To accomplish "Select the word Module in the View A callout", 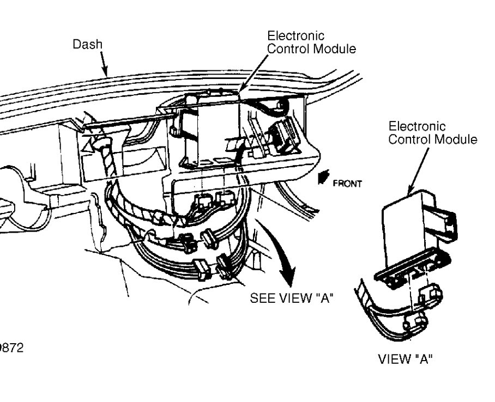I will (457, 139).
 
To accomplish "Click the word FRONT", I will (348, 184).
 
